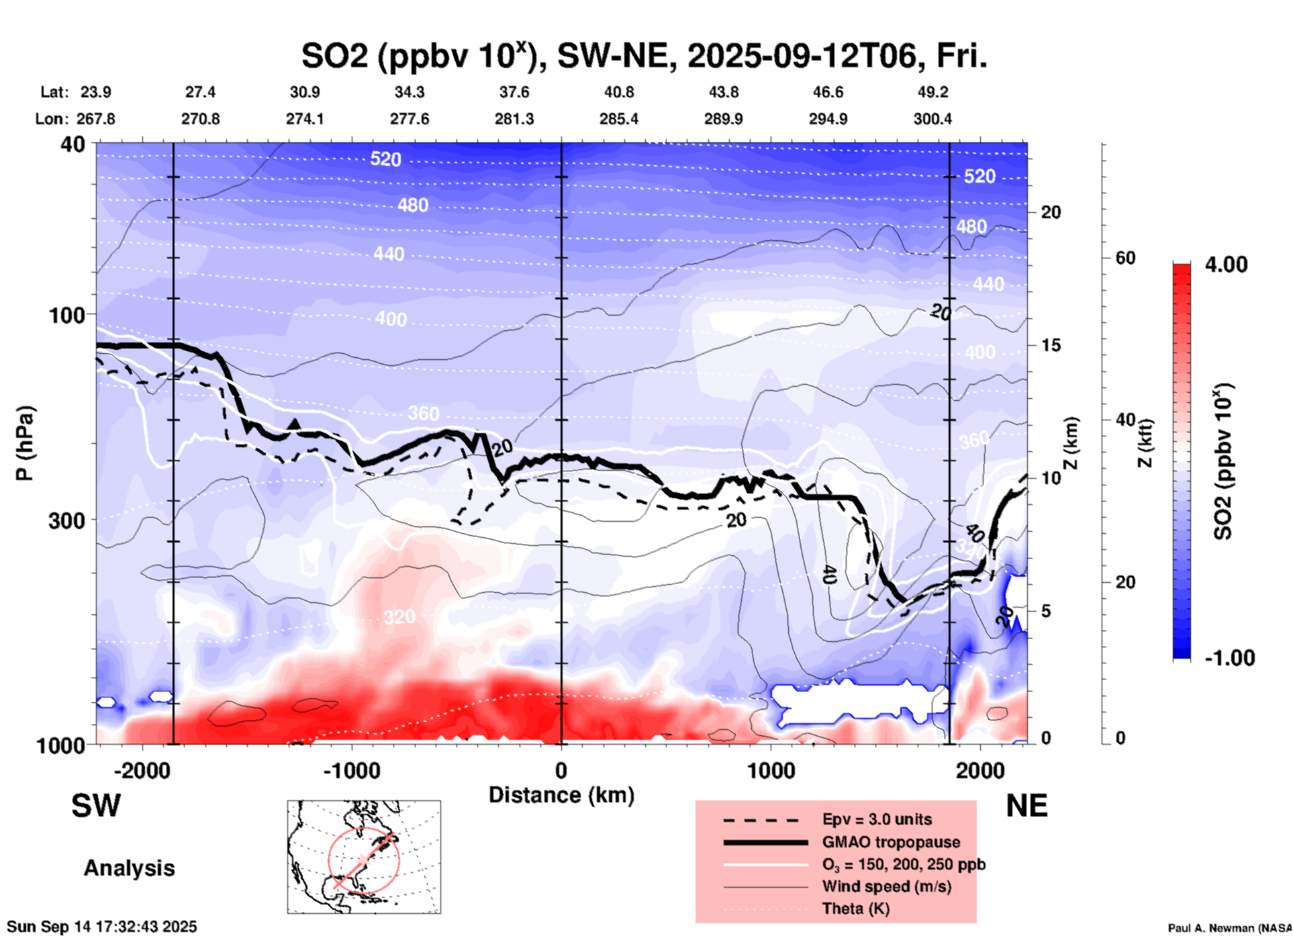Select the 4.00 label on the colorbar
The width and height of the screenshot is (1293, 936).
point(1226,264)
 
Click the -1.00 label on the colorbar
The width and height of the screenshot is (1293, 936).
point(1229,657)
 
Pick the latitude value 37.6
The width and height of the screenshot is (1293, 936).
point(514,92)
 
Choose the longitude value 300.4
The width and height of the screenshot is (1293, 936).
point(932,119)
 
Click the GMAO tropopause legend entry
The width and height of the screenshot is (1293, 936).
point(891,842)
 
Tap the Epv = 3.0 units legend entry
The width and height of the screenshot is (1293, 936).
point(876,819)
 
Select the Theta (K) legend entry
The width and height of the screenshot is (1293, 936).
point(855,908)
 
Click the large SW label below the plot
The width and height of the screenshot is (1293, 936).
point(96,806)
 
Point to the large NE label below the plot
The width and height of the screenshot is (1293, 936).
point(1026,806)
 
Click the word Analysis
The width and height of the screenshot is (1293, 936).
point(129,868)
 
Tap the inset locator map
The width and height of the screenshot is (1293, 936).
point(364,857)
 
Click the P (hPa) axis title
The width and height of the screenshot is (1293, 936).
point(25,443)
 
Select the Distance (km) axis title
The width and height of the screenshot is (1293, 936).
point(561,795)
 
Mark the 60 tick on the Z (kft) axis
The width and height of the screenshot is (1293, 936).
point(1125,258)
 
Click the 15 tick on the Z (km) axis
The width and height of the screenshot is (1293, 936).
point(1051,345)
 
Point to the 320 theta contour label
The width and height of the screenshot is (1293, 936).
point(399,616)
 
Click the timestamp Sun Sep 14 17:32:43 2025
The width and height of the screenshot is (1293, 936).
point(102,927)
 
